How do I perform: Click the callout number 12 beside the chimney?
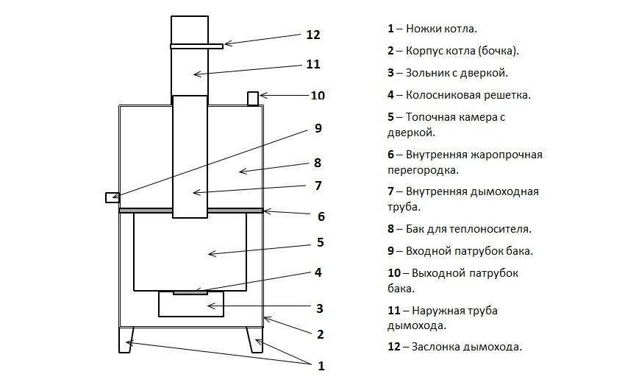point(313,35)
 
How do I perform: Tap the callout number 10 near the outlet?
point(318,96)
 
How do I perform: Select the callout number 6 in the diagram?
point(321,216)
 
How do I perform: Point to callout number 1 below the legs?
point(321,365)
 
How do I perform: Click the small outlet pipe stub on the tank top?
point(252,97)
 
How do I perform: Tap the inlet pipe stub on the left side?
point(112,197)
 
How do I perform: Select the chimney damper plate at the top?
point(196,46)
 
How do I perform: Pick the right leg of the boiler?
point(256,339)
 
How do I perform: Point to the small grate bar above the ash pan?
point(190,292)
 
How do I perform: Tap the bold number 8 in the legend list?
point(392,229)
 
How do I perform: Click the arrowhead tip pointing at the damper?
point(226,44)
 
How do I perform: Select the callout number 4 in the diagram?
point(318,272)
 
